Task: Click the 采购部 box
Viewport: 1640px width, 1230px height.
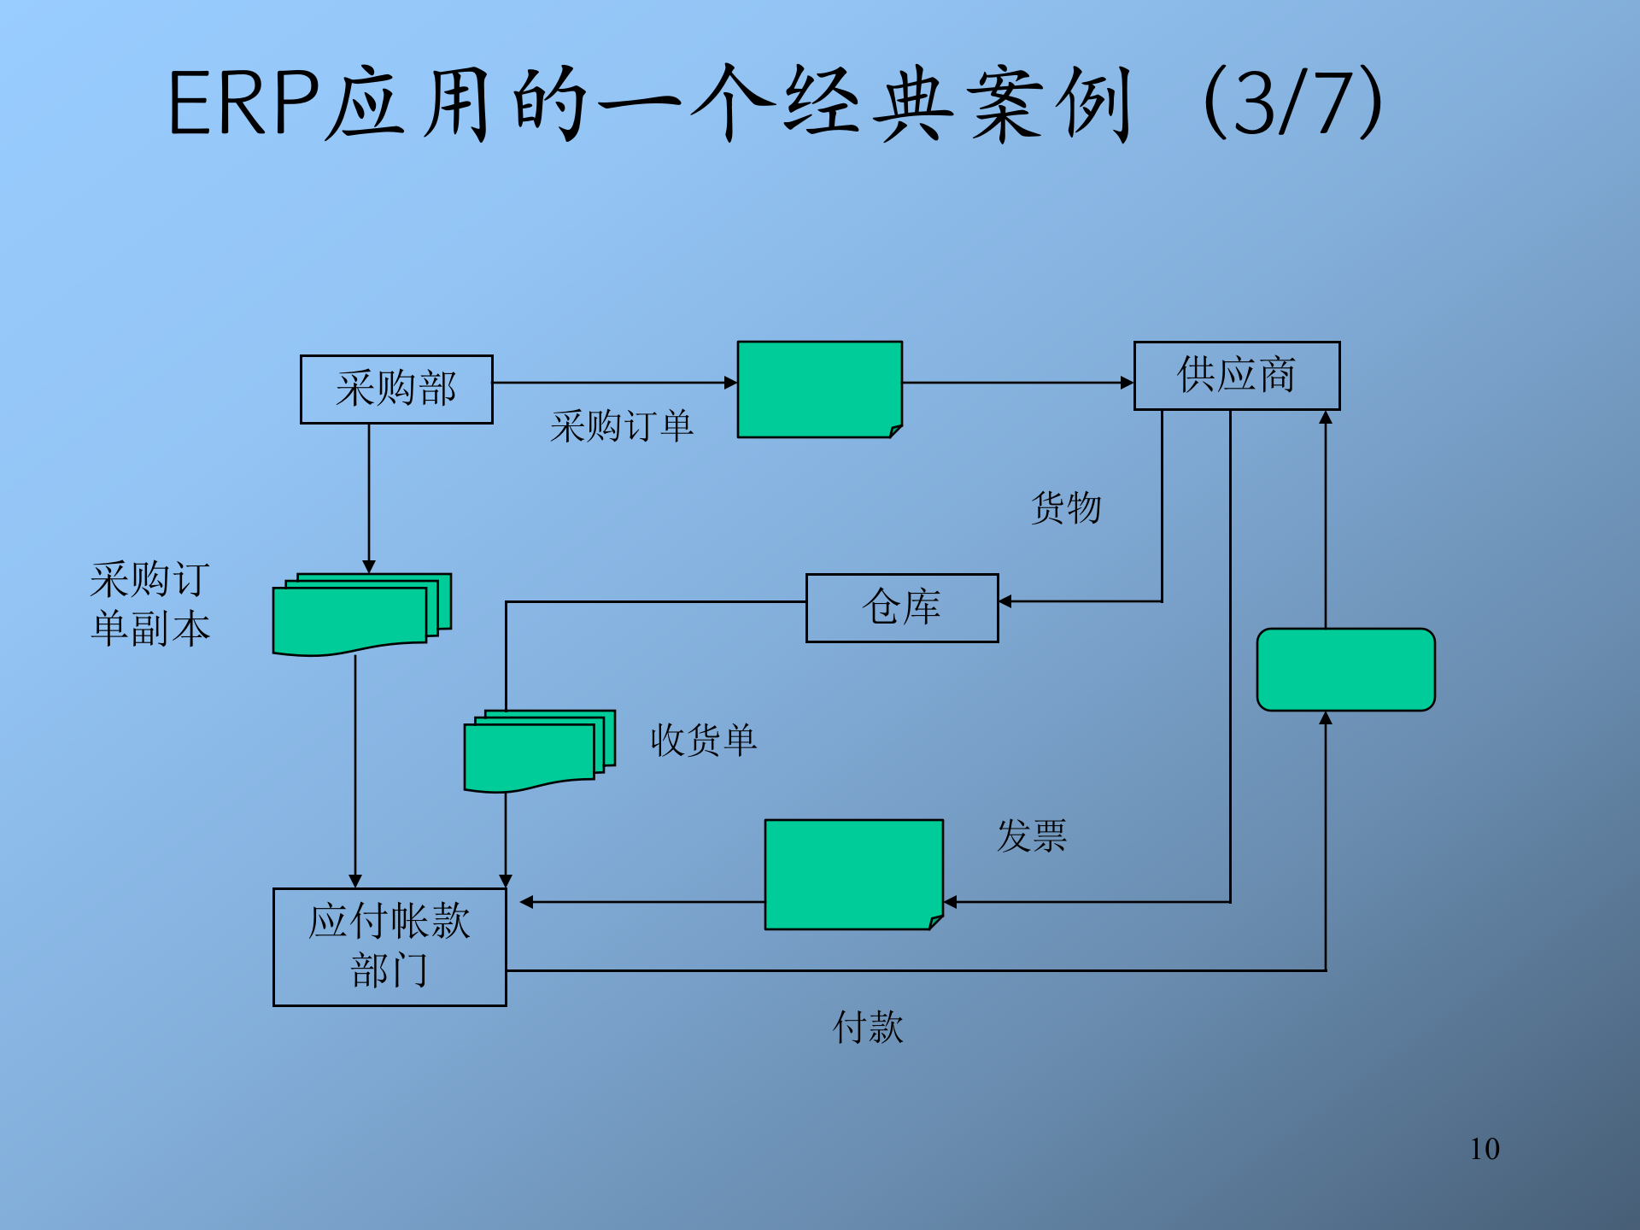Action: pos(396,389)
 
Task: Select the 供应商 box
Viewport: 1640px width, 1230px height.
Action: pos(1236,376)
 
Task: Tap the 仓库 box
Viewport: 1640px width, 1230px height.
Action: pos(902,608)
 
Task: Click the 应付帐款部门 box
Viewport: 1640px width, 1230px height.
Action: pos(389,946)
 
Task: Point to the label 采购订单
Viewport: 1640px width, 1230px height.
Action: pos(621,426)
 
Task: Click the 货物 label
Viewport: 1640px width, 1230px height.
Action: pos(1066,508)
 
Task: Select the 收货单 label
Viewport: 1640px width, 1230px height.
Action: pos(703,740)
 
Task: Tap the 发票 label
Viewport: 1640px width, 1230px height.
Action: pos(1032,835)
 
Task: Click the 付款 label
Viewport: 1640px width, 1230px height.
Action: pos(868,1027)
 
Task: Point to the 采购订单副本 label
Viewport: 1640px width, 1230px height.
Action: pos(150,604)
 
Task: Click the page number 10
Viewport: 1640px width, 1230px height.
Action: pos(1485,1149)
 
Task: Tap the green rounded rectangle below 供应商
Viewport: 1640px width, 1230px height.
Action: pos(1345,670)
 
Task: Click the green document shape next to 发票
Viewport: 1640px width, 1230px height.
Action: pos(853,874)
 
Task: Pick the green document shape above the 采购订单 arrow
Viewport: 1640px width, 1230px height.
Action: pos(819,389)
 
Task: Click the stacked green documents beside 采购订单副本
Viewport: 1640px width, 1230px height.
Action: pos(359,613)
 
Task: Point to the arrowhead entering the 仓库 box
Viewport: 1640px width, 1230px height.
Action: pos(1005,601)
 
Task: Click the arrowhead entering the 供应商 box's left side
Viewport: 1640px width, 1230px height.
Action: pos(1127,383)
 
